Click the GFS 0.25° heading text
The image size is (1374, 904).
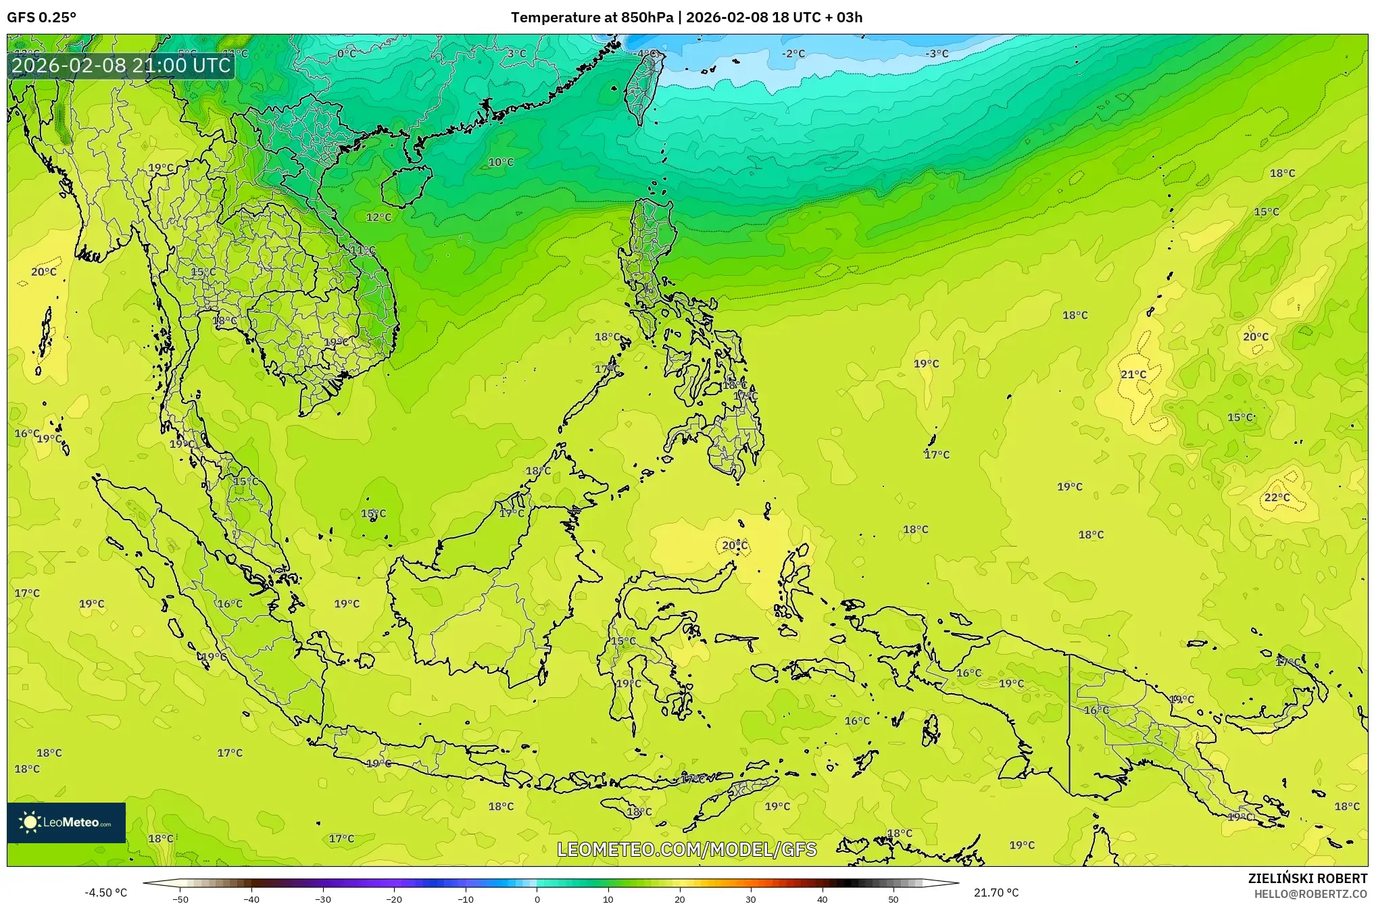coord(42,18)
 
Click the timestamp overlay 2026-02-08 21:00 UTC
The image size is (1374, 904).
coord(121,66)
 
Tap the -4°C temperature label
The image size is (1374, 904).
coord(647,53)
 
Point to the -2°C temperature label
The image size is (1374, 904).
coord(793,53)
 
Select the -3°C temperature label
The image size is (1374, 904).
coord(937,53)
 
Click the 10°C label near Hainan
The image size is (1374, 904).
coord(501,162)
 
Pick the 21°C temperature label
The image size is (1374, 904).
coord(1133,374)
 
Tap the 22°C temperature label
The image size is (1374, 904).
coord(1277,497)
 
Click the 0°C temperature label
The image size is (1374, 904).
coord(347,53)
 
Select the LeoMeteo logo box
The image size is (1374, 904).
coord(66,822)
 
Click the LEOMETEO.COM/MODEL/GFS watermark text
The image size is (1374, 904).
coord(687,849)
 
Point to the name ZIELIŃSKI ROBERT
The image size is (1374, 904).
coord(1307,878)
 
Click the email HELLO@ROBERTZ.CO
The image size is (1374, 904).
coord(1310,894)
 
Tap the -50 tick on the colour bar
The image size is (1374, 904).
coord(180,899)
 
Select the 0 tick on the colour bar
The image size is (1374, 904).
coord(537,899)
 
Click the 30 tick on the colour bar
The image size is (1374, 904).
coord(751,899)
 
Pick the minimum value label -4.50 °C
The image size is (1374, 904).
coord(105,893)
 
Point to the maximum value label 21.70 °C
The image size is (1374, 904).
coord(996,893)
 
